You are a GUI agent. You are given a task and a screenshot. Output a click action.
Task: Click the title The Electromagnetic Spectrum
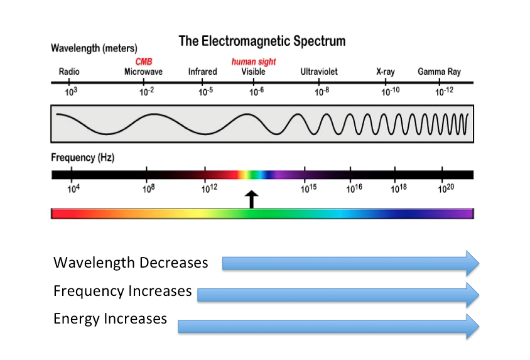point(262,41)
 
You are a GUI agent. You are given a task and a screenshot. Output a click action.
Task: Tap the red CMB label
point(144,62)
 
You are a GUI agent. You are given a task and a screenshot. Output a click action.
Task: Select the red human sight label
point(254,62)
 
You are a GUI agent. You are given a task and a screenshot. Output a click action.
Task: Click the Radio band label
point(69,72)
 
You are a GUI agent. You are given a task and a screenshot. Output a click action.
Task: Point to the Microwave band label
point(143,72)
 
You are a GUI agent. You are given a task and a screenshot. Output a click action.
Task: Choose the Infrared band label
point(202,72)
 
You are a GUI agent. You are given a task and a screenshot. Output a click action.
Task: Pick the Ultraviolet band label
point(319,72)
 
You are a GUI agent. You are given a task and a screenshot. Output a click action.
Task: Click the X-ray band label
point(385,72)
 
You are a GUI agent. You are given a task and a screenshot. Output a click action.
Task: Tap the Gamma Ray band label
point(439,72)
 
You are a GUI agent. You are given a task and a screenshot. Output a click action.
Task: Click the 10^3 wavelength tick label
point(71,92)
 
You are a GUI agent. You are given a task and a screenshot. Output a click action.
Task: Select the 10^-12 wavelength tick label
point(445,92)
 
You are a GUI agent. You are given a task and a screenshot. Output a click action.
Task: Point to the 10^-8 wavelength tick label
point(322,92)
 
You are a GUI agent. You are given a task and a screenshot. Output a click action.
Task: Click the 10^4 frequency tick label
point(73,188)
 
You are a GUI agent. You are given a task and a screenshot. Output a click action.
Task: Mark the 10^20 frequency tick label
point(446,188)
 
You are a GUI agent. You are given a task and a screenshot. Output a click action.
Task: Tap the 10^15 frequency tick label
point(307,188)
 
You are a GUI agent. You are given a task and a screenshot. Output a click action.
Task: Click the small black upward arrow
point(251,199)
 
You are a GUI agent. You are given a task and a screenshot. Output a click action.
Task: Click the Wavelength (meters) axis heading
point(94,48)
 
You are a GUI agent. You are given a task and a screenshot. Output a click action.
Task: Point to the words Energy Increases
point(110,319)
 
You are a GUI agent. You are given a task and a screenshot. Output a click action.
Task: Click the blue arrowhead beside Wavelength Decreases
point(471,263)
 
